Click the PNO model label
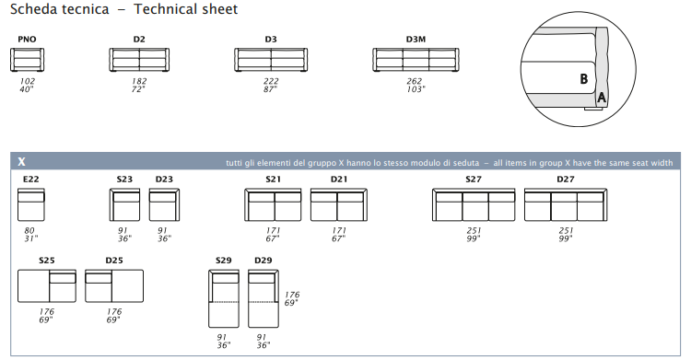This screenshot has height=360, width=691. [x=27, y=40]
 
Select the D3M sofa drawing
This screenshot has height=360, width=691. [x=416, y=60]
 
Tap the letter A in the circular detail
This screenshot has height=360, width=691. [x=601, y=98]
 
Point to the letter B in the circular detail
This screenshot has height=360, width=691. [x=584, y=79]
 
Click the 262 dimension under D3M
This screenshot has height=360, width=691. [x=415, y=81]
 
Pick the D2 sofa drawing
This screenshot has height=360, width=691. [x=139, y=60]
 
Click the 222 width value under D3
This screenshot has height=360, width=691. [x=271, y=81]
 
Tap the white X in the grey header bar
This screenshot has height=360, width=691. [x=21, y=162]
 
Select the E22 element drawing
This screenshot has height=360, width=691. [x=30, y=205]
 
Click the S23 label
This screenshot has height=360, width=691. [x=124, y=179]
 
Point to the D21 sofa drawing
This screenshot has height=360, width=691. [x=339, y=205]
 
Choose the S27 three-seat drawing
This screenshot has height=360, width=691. [x=474, y=205]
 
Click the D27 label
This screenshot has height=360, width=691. [x=566, y=179]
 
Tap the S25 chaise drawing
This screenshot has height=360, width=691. [x=47, y=286]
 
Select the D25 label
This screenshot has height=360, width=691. [x=114, y=261]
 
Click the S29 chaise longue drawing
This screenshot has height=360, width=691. [x=224, y=298]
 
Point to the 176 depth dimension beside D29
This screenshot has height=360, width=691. [x=292, y=295]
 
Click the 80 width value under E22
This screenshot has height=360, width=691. [x=29, y=230]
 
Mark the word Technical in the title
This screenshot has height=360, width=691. [x=185, y=9]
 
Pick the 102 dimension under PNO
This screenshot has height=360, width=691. [x=28, y=81]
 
